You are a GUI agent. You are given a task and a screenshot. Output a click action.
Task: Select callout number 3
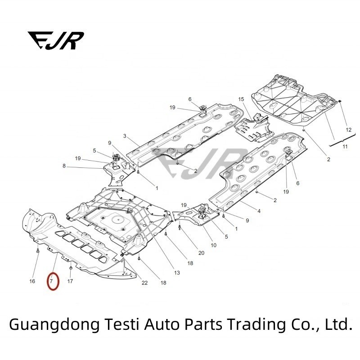click(125, 135)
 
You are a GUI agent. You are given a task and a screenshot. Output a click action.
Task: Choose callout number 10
click(213, 245)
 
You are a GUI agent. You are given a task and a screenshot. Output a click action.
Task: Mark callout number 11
click(345, 147)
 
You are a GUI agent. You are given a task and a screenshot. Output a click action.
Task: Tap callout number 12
click(348, 130)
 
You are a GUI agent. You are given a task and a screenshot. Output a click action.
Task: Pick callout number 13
click(177, 273)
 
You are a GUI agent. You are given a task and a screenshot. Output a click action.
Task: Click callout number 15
click(241, 99)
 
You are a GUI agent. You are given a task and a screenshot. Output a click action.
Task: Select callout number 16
click(32, 282)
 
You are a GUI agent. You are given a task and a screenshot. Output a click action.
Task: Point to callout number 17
click(70, 282)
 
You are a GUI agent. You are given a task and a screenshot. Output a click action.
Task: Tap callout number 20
click(201, 253)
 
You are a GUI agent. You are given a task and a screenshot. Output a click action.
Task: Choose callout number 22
click(144, 283)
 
